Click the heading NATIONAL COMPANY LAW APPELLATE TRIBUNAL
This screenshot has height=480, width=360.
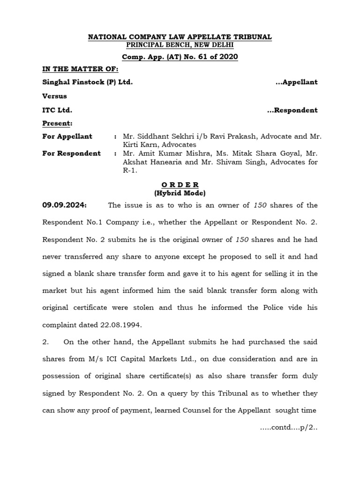point(180,37)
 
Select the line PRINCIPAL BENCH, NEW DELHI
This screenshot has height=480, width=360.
point(180,45)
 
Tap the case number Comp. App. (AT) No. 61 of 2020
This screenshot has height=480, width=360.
point(180,57)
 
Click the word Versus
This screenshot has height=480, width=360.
point(54,96)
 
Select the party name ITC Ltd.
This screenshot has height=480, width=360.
point(57,110)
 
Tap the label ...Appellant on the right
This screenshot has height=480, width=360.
point(296,82)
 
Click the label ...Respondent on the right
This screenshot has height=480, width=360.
point(292,110)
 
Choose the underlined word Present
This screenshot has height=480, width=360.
point(57,123)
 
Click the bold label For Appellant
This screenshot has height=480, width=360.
point(67,136)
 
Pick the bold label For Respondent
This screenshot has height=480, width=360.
point(71,153)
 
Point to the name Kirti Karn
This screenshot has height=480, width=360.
point(138,145)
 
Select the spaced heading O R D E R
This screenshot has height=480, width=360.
point(180,185)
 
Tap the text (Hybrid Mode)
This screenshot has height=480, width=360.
point(180,193)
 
